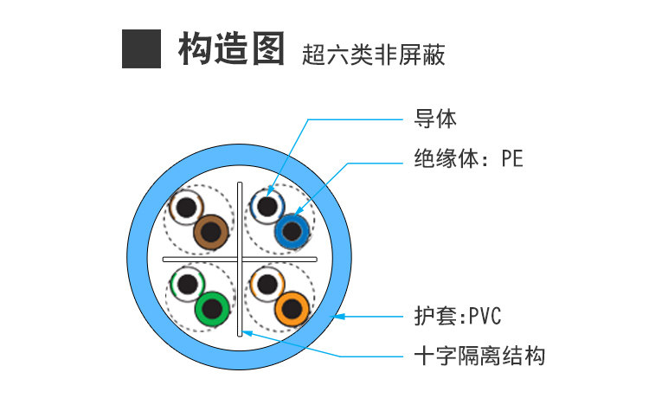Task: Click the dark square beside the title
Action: coord(142,48)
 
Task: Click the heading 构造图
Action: coord(231,48)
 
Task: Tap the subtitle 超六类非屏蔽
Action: coord(374,55)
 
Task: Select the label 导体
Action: coord(435,119)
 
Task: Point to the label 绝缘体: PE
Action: coord(468,159)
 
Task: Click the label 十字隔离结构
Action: coord(479,355)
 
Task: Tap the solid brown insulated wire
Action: coord(213,231)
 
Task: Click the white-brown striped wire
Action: coord(186,208)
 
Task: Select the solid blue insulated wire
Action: coord(291,231)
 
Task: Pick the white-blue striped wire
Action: coord(267,207)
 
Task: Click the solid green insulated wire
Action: coord(212,308)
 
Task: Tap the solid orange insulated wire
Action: coord(292,308)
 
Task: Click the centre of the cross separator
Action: coord(240,259)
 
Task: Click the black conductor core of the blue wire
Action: coord(291,231)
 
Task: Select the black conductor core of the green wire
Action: coord(212,308)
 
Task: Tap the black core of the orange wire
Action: coord(292,308)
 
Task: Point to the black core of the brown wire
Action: coord(213,231)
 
